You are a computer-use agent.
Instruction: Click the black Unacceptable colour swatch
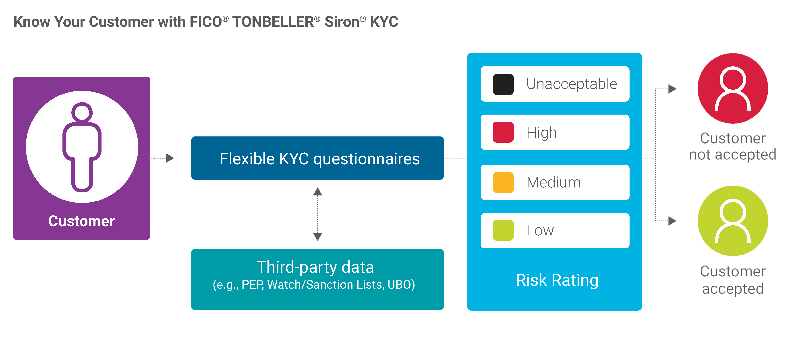(x=503, y=84)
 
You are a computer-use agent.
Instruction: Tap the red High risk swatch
(x=503, y=132)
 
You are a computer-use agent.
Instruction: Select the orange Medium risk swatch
(x=503, y=182)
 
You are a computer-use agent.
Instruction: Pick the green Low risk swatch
(x=503, y=230)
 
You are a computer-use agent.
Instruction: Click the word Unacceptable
(x=572, y=84)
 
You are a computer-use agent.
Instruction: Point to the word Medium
(x=553, y=182)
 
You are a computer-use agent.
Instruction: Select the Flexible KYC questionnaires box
(x=317, y=158)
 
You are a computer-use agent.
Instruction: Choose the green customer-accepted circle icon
(x=733, y=221)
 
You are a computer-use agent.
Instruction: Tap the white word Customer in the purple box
(x=82, y=221)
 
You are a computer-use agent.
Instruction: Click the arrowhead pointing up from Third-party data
(x=317, y=192)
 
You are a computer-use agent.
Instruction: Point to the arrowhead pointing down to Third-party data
(x=317, y=237)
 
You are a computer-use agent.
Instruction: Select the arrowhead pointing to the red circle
(x=672, y=89)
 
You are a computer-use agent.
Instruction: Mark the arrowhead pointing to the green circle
(x=672, y=221)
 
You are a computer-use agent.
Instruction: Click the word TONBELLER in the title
(x=273, y=22)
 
